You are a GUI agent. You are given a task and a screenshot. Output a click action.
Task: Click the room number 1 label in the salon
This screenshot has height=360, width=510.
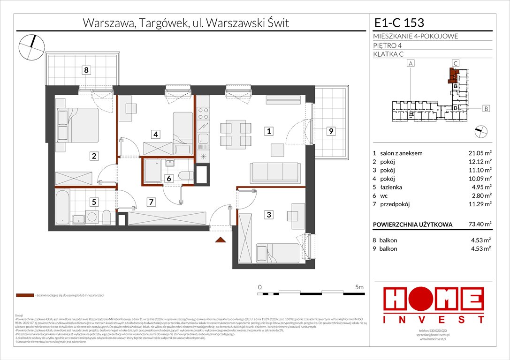pos(269,132)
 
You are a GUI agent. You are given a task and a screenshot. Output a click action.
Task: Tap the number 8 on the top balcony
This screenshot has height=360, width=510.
pos(86,70)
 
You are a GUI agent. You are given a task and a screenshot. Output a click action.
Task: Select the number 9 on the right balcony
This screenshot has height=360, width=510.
pos(331,132)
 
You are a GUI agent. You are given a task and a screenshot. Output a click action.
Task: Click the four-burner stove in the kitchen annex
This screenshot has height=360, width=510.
pos(203,113)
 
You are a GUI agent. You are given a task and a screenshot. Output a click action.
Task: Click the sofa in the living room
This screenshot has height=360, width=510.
pos(275,173)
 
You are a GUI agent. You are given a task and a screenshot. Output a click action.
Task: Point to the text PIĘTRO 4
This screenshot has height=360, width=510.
pos(387,45)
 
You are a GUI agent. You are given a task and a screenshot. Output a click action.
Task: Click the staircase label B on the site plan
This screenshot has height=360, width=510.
pos(486,109)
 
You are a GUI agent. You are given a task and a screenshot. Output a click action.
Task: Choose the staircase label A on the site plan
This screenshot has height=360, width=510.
pos(411,63)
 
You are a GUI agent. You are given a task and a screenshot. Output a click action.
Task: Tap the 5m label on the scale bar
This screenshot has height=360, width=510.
pos(360,287)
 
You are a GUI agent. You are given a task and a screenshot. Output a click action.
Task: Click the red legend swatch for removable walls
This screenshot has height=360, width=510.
pos(24,296)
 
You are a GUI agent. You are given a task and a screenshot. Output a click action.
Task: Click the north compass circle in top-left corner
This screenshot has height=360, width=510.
pos(31,46)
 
